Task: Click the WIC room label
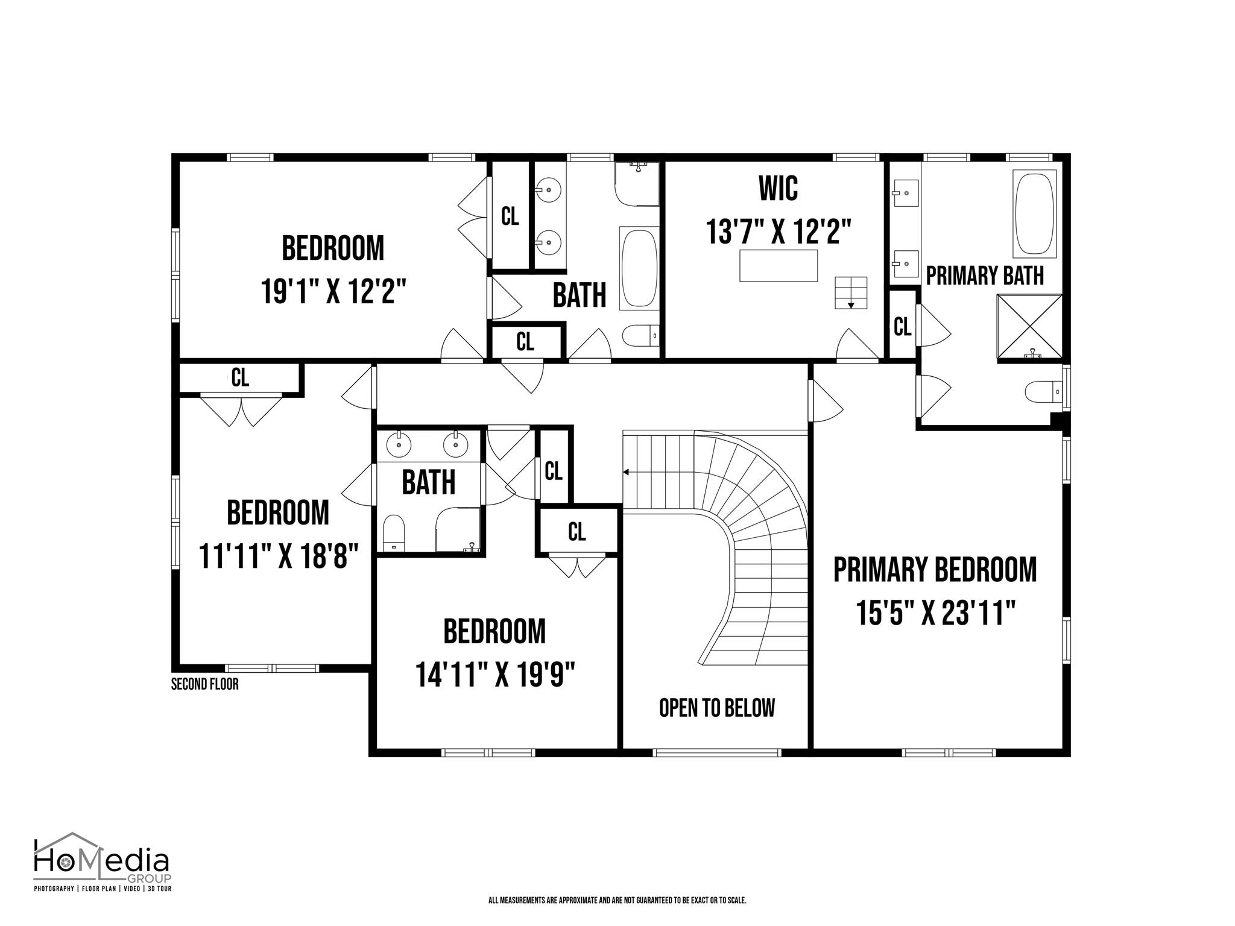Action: click(x=778, y=188)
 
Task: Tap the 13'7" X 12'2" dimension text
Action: click(x=779, y=231)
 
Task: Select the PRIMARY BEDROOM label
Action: click(x=935, y=570)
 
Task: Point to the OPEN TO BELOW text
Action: click(x=716, y=708)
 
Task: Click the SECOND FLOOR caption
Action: click(x=205, y=684)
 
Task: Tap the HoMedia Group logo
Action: click(x=102, y=862)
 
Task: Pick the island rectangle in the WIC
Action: click(x=779, y=265)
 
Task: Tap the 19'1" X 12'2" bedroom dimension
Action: click(x=333, y=292)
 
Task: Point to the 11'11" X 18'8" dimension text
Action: click(x=279, y=556)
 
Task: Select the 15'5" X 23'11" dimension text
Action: click(x=935, y=614)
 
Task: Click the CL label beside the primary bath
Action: click(x=902, y=327)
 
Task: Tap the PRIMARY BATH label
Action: click(x=985, y=276)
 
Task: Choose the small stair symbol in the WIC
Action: click(x=851, y=293)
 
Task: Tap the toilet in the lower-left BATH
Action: click(x=394, y=533)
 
